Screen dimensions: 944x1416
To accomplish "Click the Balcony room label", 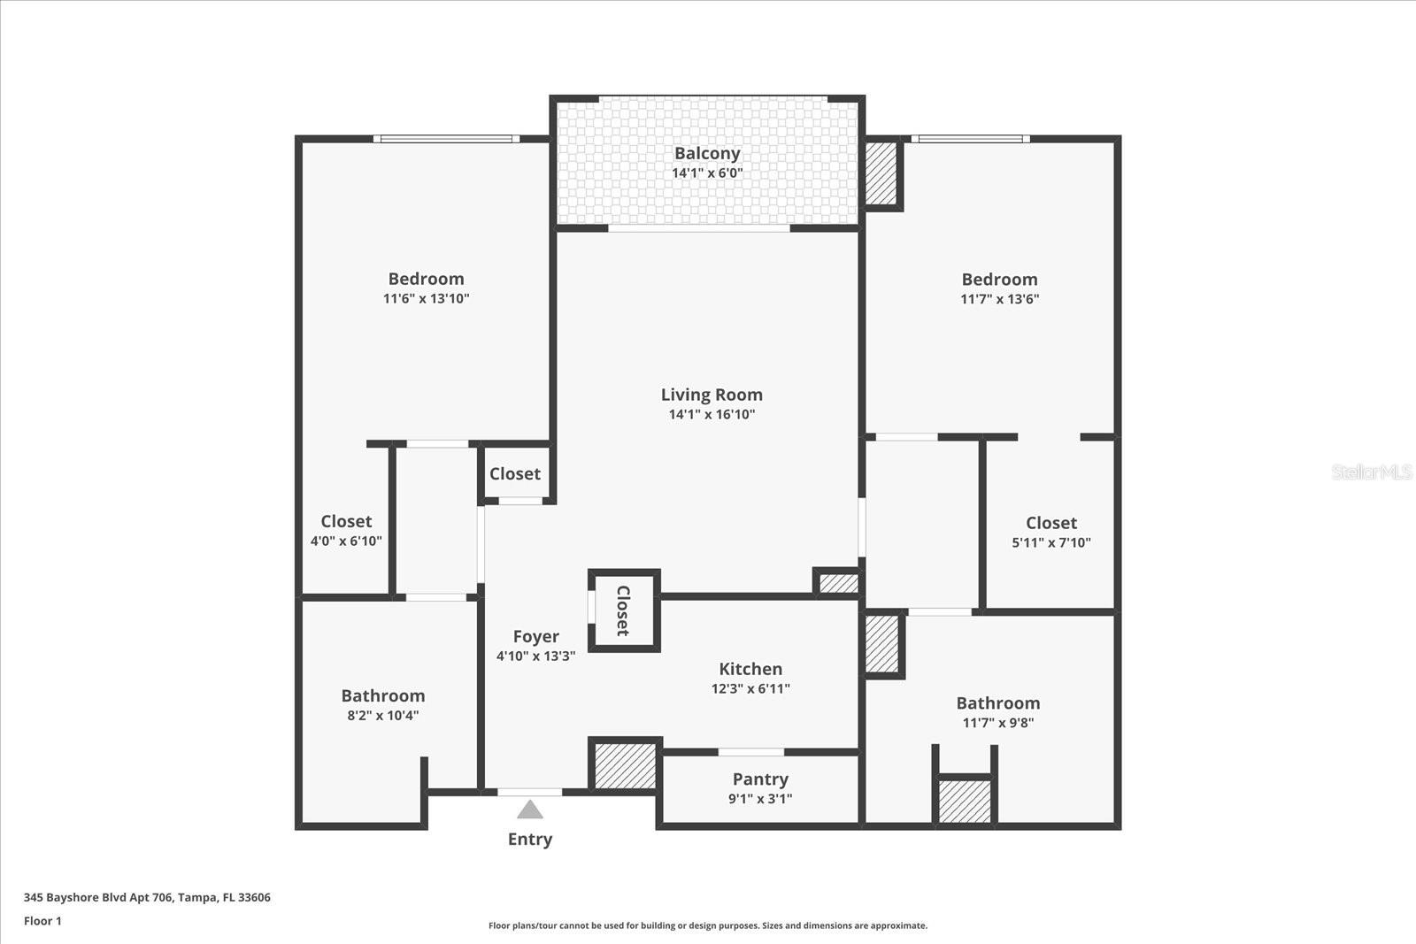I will pyautogui.click(x=706, y=154).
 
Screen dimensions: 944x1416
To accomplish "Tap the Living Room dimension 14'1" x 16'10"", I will pyautogui.click(x=712, y=414).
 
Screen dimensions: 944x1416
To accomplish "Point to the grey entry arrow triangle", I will pyautogui.click(x=530, y=810).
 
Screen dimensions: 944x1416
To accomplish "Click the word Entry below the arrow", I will pyautogui.click(x=530, y=839).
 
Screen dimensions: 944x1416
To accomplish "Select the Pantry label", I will pyautogui.click(x=760, y=779).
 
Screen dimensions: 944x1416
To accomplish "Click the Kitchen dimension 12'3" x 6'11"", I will pyautogui.click(x=750, y=688).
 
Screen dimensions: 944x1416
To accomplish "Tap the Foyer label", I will pyautogui.click(x=535, y=637).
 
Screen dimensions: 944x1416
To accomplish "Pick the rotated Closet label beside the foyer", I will pyautogui.click(x=623, y=610).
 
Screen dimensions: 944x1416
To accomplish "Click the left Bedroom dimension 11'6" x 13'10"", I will pyautogui.click(x=426, y=299).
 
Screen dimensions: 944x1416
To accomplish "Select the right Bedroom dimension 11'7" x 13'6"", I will pyautogui.click(x=999, y=299).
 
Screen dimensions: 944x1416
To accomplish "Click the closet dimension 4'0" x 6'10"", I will pyautogui.click(x=346, y=541).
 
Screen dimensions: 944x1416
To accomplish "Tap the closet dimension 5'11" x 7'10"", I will pyautogui.click(x=1051, y=542).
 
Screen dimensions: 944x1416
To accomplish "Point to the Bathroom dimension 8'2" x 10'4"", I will pyautogui.click(x=382, y=715).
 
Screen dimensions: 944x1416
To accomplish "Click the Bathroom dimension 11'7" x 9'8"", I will pyautogui.click(x=997, y=723).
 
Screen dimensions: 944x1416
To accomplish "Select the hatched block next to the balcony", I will pyautogui.click(x=881, y=173).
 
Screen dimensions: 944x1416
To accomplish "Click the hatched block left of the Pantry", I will pyautogui.click(x=625, y=765).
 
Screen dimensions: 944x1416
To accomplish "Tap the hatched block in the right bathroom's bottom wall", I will pyautogui.click(x=965, y=802).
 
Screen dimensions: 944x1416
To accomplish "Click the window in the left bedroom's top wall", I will pyautogui.click(x=445, y=139).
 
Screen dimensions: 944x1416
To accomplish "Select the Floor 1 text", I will pyautogui.click(x=42, y=921).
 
